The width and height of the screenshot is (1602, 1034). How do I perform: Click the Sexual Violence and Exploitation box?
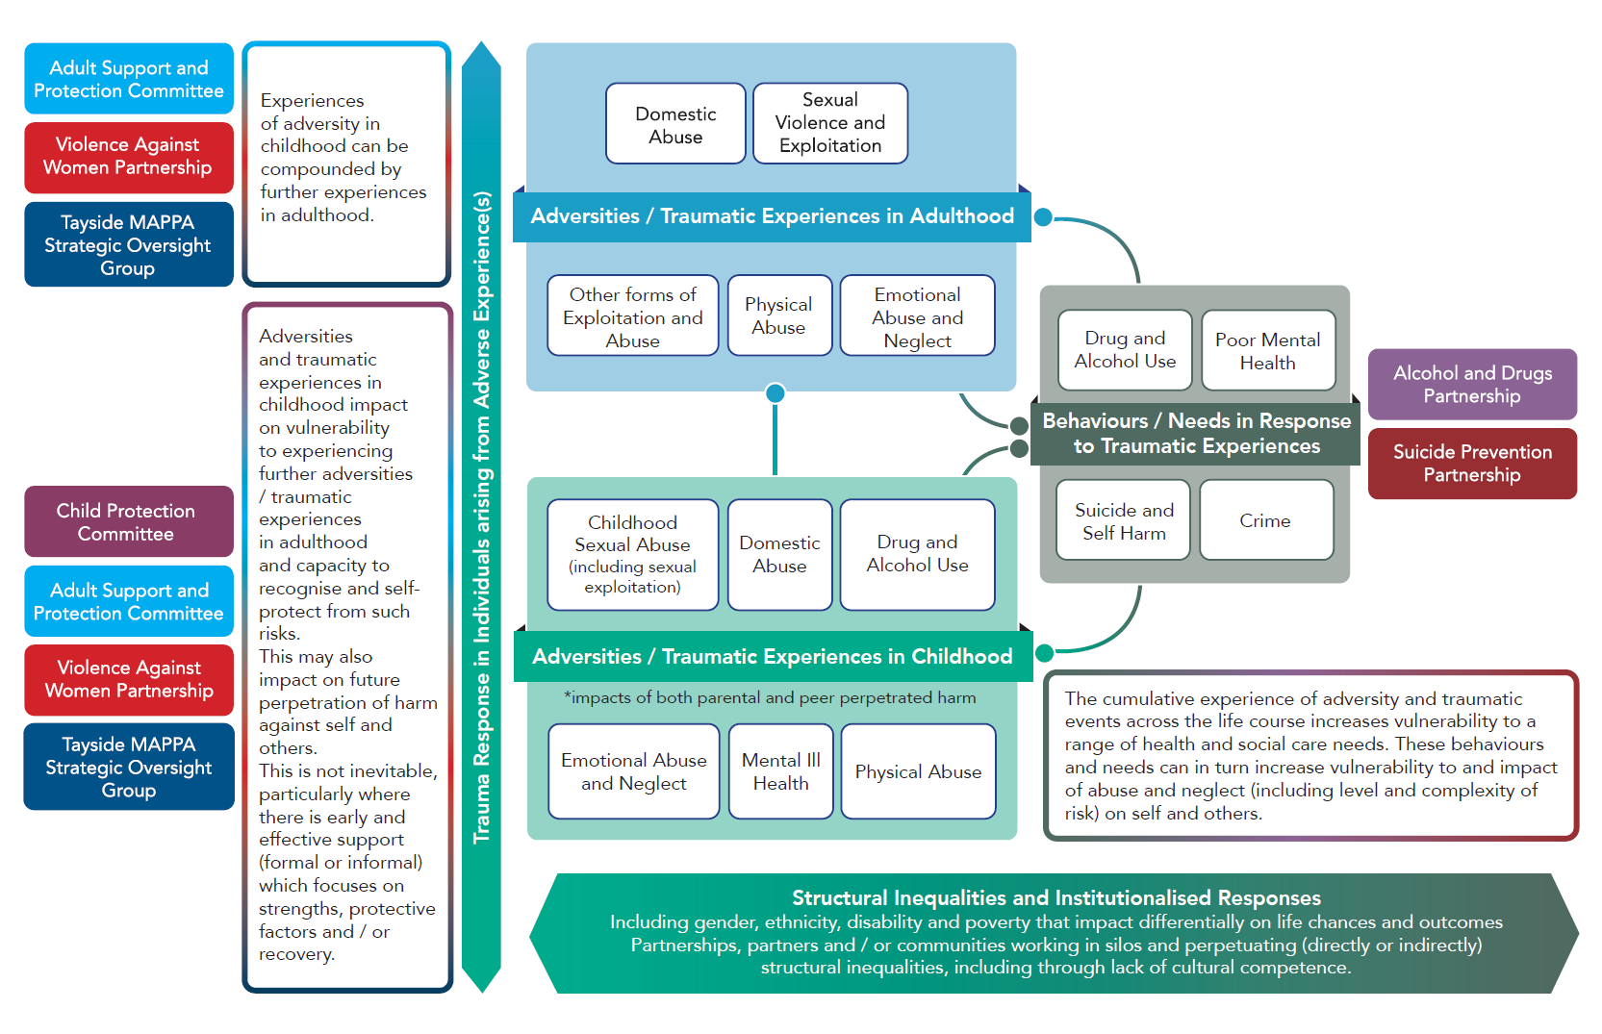pyautogui.click(x=829, y=123)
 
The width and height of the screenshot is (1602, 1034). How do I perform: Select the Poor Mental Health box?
pyautogui.click(x=1267, y=351)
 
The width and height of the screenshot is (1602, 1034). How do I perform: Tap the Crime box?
pyautogui.click(x=1265, y=520)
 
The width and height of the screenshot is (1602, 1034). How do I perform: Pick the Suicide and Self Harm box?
pyautogui.click(x=1123, y=520)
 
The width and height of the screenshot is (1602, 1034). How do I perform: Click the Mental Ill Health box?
pyautogui.click(x=780, y=771)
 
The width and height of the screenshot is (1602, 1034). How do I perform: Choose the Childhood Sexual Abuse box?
pyautogui.click(x=632, y=554)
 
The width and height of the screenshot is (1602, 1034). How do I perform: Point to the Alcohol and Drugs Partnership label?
pyautogui.click(x=1471, y=384)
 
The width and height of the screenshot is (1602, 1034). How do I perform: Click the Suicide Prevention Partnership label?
pyautogui.click(x=1471, y=463)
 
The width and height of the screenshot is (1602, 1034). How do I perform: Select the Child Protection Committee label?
pyautogui.click(x=127, y=521)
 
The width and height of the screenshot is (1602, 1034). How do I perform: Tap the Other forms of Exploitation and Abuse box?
pyautogui.click(x=632, y=316)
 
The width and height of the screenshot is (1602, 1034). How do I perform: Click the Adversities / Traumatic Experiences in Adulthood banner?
pyautogui.click(x=772, y=215)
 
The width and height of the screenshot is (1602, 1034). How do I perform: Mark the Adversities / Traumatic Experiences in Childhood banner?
pyautogui.click(x=772, y=656)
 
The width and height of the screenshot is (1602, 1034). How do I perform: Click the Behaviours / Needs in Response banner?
pyautogui.click(x=1196, y=433)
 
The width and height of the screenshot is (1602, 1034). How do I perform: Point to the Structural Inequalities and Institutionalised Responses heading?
pyautogui.click(x=1055, y=897)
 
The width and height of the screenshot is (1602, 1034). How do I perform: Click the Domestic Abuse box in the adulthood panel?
pyautogui.click(x=675, y=124)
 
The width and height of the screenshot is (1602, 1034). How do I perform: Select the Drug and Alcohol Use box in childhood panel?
pyautogui.click(x=917, y=554)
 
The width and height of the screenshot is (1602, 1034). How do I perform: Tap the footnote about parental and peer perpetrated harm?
pyautogui.click(x=769, y=697)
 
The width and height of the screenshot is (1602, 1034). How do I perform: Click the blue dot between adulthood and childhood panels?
pyautogui.click(x=776, y=392)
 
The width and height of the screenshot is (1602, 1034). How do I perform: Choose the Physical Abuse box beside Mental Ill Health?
pyautogui.click(x=918, y=771)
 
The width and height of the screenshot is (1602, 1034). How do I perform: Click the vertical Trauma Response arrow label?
pyautogui.click(x=481, y=517)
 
